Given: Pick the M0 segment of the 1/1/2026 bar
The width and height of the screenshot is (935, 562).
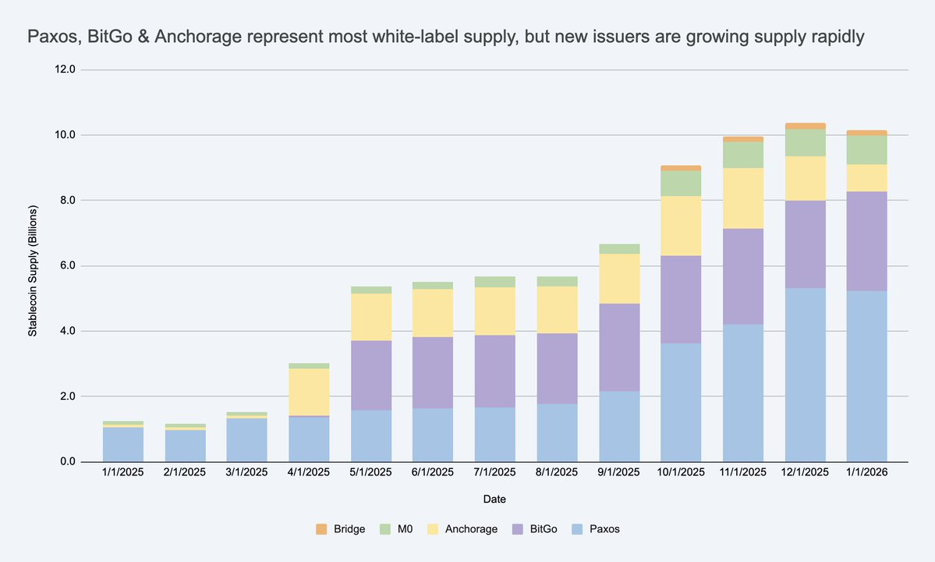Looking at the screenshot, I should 866,149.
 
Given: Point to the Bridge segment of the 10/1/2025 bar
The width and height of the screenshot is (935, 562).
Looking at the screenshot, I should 681,168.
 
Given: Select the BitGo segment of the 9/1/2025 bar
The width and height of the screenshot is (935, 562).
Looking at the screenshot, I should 619,347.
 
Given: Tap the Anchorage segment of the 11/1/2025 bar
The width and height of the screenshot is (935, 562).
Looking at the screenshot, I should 742,198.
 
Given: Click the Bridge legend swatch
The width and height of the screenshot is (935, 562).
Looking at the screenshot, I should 321,529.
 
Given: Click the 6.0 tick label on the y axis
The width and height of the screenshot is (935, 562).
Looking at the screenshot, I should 66,266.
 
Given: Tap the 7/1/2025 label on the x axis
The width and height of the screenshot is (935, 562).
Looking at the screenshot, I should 495,473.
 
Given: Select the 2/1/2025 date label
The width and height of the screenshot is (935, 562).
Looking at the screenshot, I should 186,473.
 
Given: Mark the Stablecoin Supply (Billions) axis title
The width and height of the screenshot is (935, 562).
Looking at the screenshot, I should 33,265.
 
